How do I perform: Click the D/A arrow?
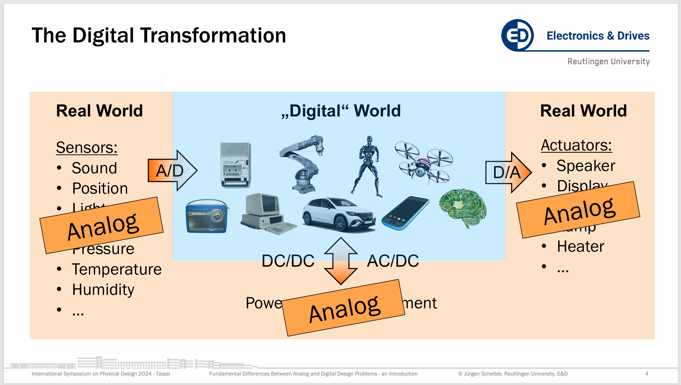508,172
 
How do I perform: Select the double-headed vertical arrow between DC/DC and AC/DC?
341,261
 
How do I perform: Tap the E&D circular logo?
517,35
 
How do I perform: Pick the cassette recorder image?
235,165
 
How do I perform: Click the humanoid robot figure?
368,165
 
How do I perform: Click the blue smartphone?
405,213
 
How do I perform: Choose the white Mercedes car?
338,214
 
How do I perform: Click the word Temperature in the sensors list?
117,269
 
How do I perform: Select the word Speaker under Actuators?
585,166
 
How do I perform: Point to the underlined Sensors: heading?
87,147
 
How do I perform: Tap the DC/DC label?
288,261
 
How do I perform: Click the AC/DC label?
393,261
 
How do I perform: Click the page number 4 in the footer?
647,374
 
